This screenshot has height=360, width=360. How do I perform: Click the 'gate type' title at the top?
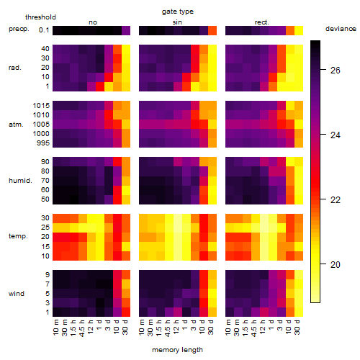(178, 12)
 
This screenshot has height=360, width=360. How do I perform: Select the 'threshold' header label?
(40, 17)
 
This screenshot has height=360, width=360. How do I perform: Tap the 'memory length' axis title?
(177, 350)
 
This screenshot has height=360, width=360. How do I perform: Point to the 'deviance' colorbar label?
(341, 29)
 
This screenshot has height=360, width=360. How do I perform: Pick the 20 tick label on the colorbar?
(336, 265)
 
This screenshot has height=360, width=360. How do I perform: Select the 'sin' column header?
(177, 22)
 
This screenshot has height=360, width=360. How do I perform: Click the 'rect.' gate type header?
(262, 22)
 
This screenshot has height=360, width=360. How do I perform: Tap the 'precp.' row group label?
(19, 29)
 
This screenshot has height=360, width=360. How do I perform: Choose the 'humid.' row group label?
(20, 181)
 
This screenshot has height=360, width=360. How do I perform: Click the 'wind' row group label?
(17, 294)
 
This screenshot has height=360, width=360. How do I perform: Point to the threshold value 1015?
(41, 106)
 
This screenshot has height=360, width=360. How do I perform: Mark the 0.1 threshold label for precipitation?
(44, 30)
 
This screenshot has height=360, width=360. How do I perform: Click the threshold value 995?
(43, 143)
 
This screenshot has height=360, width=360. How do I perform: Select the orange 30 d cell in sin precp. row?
(212, 30)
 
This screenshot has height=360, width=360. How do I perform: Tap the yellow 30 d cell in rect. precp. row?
(299, 30)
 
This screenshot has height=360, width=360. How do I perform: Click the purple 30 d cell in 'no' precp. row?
(126, 30)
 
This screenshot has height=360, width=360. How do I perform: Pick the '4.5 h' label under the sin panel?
(168, 328)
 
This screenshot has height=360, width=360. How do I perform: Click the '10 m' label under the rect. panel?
(228, 327)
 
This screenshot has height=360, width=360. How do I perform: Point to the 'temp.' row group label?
(18, 236)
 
